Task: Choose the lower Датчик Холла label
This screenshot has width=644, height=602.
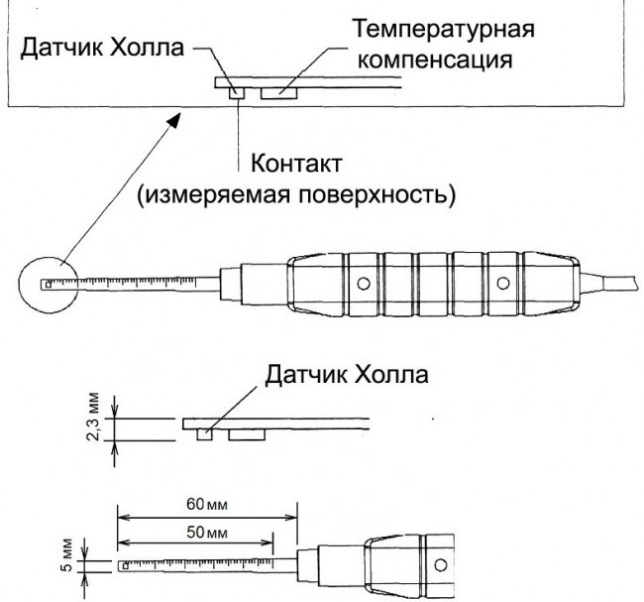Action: pyautogui.click(x=346, y=376)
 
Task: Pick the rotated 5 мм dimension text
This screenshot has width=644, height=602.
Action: pyautogui.click(x=65, y=552)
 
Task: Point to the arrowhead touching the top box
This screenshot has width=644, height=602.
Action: pyautogui.click(x=175, y=119)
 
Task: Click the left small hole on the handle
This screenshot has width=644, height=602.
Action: pyautogui.click(x=364, y=284)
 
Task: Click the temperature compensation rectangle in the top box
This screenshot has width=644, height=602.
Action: pyautogui.click(x=279, y=93)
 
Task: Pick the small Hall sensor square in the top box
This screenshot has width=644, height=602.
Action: pyautogui.click(x=236, y=93)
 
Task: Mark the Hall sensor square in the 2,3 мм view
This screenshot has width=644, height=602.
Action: pyautogui.click(x=205, y=433)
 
